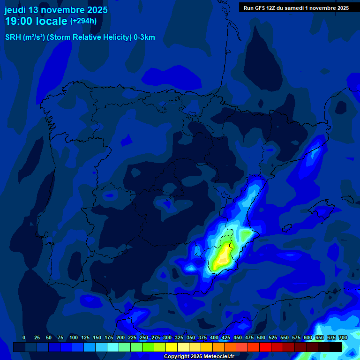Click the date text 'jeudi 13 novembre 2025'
(x=56, y=10)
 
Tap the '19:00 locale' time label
(x=37, y=21)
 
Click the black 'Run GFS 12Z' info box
(x=296, y=7)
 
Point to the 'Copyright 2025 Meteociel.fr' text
(x=199, y=356)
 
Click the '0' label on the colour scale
(x=24, y=337)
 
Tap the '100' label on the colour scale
(x=74, y=337)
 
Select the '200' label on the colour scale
(x=120, y=337)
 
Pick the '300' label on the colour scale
(x=167, y=337)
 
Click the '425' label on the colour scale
(x=226, y=337)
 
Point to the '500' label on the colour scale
(x=261, y=337)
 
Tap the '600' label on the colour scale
(x=308, y=337)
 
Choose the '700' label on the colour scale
(x=343, y=337)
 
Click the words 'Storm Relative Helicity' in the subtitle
(x=88, y=37)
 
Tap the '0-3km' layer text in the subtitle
(x=144, y=37)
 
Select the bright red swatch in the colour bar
(x=265, y=347)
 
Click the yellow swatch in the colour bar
(x=172, y=347)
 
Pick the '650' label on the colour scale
(x=320, y=337)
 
